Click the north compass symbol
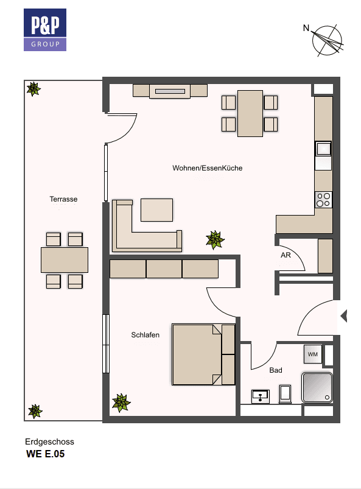click(x=327, y=40)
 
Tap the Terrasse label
click(x=63, y=199)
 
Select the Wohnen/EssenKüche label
click(x=207, y=168)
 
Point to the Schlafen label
click(x=145, y=335)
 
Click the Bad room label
click(x=275, y=370)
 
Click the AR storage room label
click(x=285, y=255)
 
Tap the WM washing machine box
click(x=312, y=354)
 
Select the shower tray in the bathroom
click(x=317, y=387)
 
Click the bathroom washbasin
click(x=261, y=396)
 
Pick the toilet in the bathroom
click(x=285, y=393)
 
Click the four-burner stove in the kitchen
click(x=323, y=199)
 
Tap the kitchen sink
click(x=323, y=149)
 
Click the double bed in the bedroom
click(x=203, y=354)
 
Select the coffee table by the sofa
click(x=156, y=209)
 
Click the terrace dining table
click(x=64, y=259)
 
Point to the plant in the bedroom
click(x=122, y=403)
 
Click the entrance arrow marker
click(x=343, y=316)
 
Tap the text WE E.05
click(x=44, y=454)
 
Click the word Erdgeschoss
click(x=49, y=442)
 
